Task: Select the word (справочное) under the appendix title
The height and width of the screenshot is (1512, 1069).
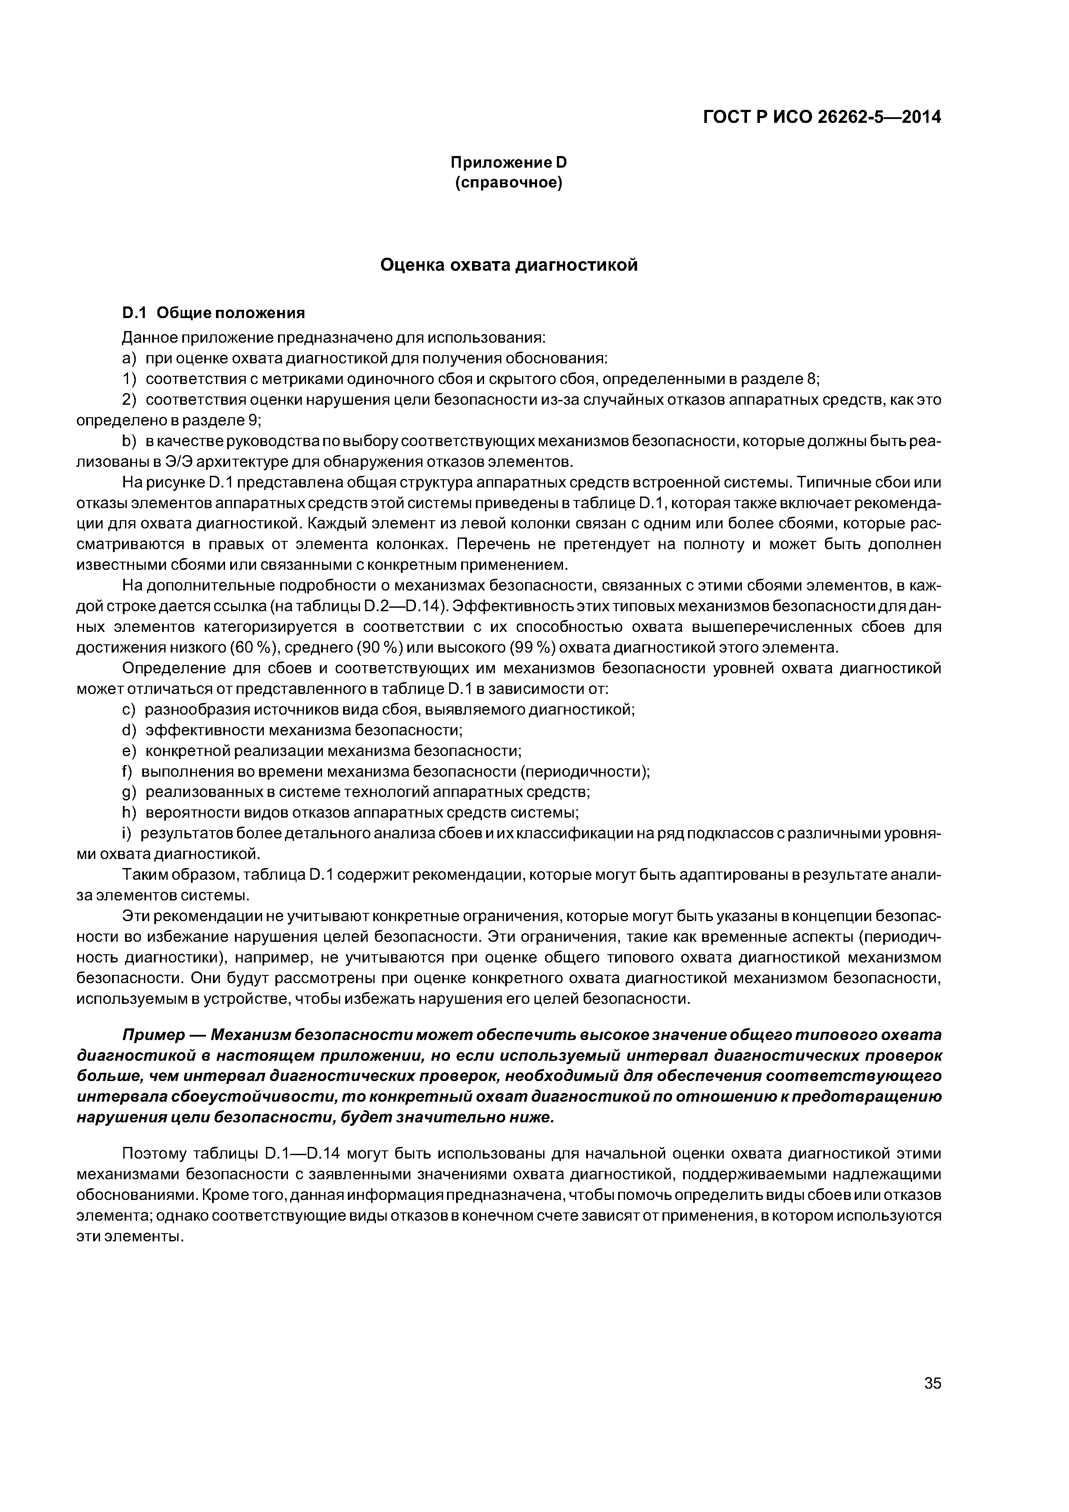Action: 509,182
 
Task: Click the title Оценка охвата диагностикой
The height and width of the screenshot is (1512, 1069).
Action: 509,265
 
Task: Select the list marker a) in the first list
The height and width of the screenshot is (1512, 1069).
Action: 128,358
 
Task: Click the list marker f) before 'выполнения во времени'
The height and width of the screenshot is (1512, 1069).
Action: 127,771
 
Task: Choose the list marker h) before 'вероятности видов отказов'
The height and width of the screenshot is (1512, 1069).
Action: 128,812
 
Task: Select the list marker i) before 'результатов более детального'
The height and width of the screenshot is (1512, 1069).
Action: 126,833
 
